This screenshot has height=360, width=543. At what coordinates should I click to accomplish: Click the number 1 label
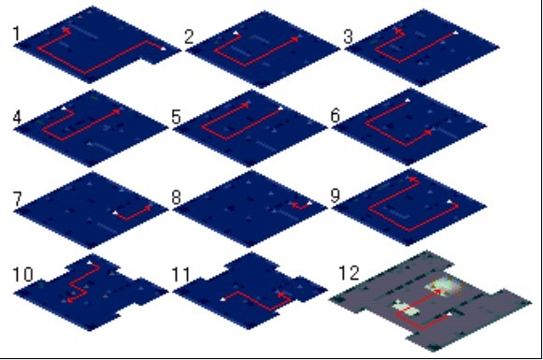(x=16, y=35)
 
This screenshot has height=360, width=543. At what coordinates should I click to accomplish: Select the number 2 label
(x=189, y=37)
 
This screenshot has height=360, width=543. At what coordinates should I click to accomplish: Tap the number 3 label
(x=348, y=36)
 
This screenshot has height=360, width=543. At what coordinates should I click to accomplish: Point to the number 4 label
(x=18, y=117)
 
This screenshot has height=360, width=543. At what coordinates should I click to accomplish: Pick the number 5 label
(x=177, y=117)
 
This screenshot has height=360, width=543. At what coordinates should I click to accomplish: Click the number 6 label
(x=336, y=115)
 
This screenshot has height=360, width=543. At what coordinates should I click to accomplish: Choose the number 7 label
(x=18, y=199)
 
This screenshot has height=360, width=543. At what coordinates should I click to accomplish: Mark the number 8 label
(x=177, y=198)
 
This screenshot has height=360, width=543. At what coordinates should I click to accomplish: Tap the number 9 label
(x=336, y=195)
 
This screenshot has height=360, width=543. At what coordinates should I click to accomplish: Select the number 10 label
(x=22, y=275)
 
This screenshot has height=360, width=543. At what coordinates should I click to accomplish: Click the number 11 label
(x=181, y=275)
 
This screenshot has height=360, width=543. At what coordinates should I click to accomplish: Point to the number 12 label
(x=349, y=273)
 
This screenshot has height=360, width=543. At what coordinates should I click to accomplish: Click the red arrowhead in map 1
(x=66, y=31)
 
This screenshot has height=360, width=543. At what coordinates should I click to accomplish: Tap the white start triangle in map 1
(x=164, y=49)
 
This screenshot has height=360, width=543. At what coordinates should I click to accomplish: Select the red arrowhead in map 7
(x=149, y=208)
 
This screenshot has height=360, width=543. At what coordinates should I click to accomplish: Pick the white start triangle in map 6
(x=407, y=100)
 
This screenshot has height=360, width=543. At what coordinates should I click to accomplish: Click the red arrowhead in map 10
(x=69, y=300)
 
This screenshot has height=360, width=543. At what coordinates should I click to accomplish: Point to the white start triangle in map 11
(x=223, y=298)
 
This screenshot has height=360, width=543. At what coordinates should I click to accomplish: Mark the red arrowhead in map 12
(x=438, y=292)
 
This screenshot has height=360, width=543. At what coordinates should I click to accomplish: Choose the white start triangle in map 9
(x=450, y=202)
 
